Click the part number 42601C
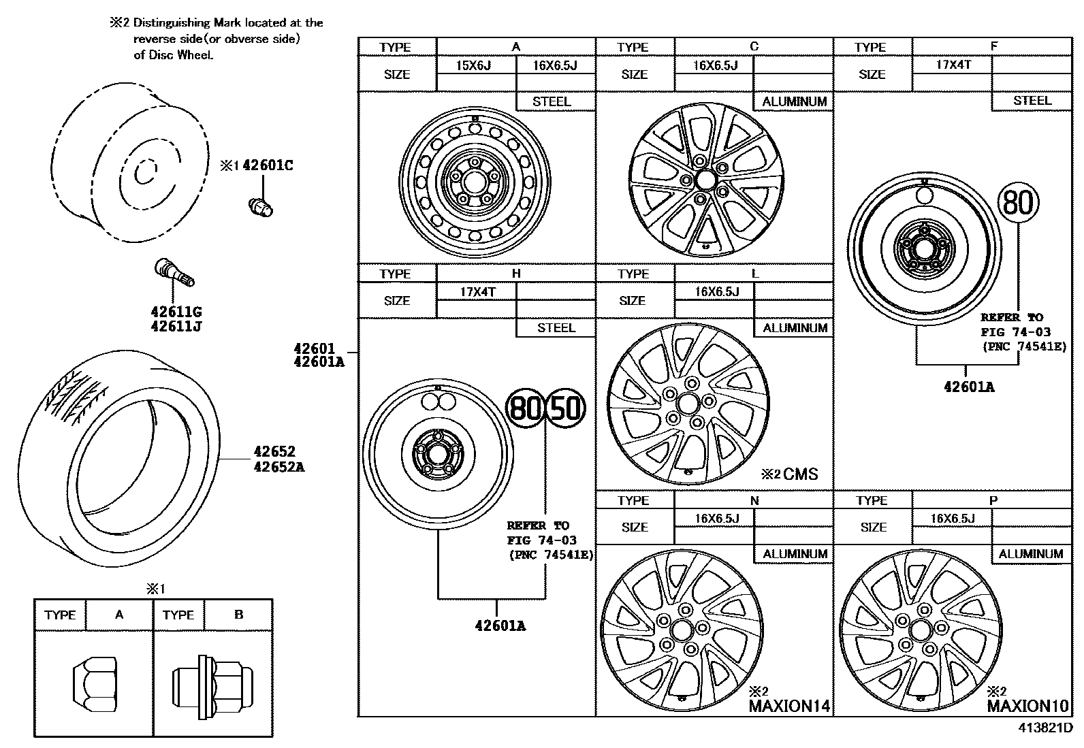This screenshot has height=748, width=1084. point(268,165)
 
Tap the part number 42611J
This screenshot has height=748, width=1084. point(176,326)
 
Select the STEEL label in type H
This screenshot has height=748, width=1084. point(556,327)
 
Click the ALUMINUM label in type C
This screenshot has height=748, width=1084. point(794,101)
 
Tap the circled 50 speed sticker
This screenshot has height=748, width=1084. point(567,408)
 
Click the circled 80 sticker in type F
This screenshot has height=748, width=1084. point(1019,203)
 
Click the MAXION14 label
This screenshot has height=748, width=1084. point(790,706)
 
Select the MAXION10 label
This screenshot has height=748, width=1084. point(1027,706)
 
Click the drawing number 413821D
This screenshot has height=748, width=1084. point(1045,728)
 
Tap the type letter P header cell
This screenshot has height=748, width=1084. point(993,500)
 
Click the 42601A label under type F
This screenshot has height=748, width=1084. point(968,387)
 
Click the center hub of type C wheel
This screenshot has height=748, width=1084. point(705,179)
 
